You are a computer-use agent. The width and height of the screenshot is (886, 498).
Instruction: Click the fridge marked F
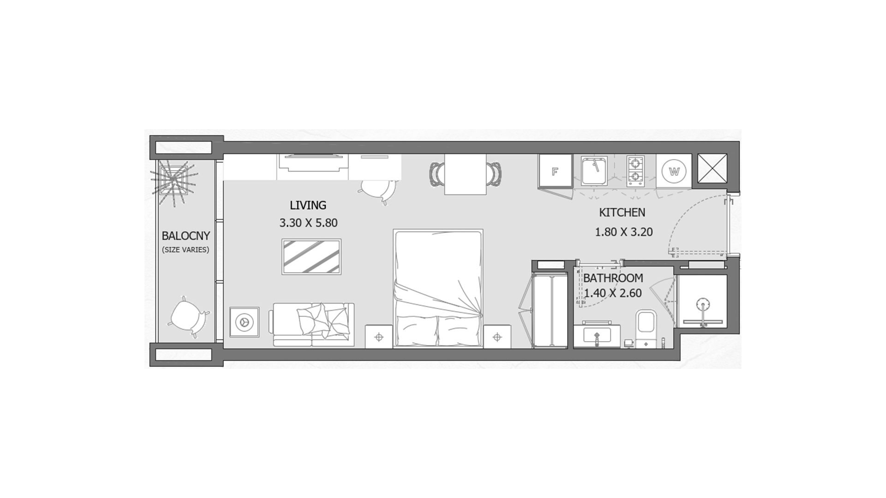pos(555,171)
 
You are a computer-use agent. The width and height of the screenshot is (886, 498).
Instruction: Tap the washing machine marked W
pos(674,172)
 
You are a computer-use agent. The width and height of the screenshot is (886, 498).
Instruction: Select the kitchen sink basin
pos(594,171)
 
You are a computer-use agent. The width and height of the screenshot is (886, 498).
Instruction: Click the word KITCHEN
pos(622,213)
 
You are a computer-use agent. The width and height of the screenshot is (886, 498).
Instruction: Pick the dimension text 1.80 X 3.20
pos(623,232)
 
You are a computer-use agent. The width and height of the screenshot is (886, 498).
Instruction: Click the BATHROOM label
pos(613,278)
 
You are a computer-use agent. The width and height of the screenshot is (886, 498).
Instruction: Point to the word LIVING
pos(308,205)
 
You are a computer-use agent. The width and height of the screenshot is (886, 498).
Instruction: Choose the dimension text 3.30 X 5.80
pos(308,223)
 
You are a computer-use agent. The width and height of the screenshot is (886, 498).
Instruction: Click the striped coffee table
pos(311,257)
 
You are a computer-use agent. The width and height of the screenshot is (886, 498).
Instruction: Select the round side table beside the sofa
pos(244,322)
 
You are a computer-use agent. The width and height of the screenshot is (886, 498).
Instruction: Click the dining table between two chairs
pos(465,174)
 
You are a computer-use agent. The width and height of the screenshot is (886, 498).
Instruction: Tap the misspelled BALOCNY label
pos(186,236)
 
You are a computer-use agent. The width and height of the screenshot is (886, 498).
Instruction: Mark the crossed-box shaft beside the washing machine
pos(712,168)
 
